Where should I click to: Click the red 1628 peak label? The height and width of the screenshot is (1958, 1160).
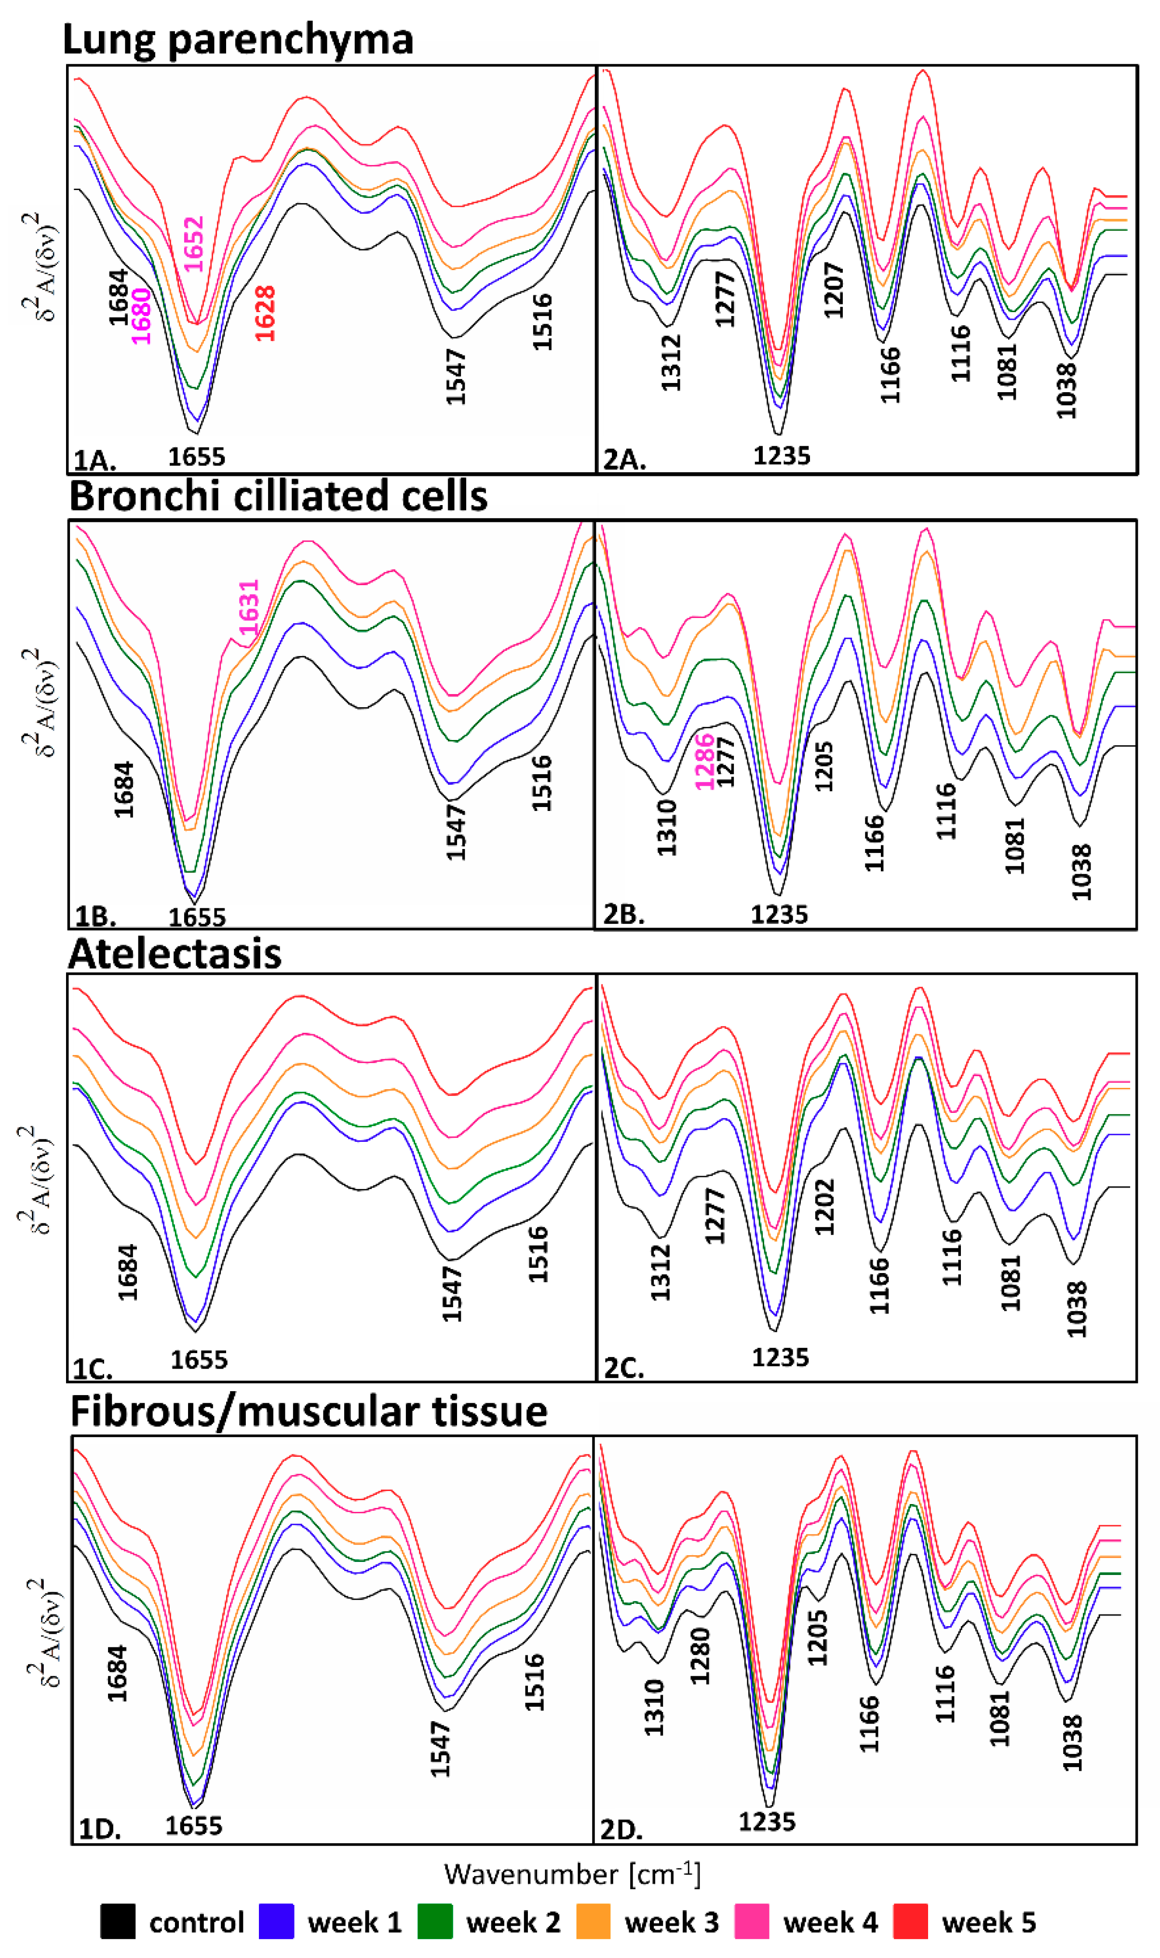265,314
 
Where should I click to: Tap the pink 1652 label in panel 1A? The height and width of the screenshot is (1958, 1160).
194,244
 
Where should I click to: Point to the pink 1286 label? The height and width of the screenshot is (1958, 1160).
704,762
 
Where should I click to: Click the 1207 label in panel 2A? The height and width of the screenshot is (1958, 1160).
834,290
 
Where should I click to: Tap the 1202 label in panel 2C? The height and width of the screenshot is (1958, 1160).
824,1206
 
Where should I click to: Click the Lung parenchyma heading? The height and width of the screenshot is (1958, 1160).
238,39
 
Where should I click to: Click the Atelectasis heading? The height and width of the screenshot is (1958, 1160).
175,954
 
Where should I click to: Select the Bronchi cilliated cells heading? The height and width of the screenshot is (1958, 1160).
278,496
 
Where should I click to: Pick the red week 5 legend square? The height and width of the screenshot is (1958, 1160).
910,1921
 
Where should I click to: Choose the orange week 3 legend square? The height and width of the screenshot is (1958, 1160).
593,1921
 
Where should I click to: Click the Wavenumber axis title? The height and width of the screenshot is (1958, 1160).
572,1875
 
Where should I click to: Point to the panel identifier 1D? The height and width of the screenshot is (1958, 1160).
99,1830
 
